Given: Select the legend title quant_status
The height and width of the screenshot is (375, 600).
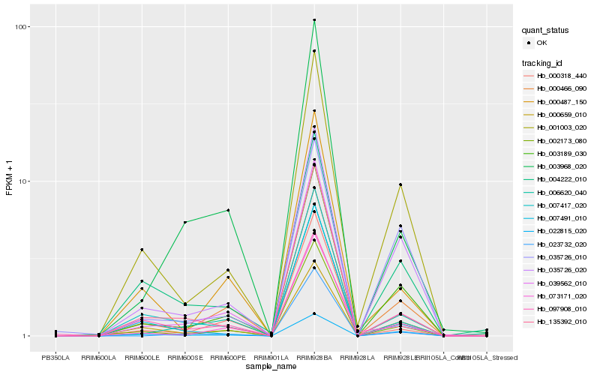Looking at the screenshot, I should click(546, 31).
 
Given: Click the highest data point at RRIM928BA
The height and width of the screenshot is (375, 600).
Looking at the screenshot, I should click(314, 20).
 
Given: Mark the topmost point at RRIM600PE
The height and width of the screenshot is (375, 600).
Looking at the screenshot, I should click(228, 210).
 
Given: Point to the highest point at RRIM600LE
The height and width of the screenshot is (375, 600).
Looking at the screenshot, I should click(142, 250).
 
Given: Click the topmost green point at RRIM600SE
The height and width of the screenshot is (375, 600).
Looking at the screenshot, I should click(184, 222).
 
